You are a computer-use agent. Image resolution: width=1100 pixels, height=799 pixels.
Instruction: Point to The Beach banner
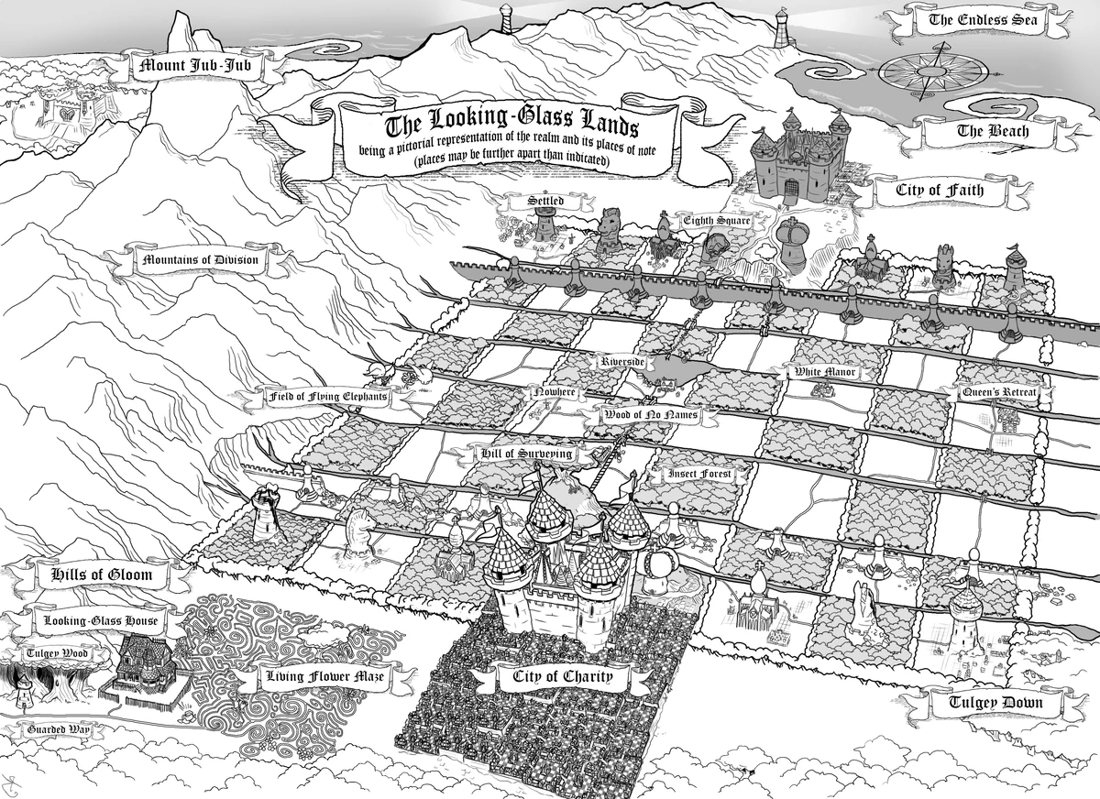tap(993, 131)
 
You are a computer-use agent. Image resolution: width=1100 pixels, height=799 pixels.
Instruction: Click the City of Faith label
tap(940, 192)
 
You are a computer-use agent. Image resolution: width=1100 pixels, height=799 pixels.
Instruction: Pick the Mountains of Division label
tap(201, 260)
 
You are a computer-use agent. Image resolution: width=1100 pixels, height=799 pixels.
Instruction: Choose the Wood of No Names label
tap(651, 415)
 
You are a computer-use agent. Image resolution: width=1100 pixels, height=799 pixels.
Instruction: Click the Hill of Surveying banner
tap(526, 454)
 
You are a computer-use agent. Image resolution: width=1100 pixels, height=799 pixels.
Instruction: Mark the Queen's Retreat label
tap(999, 393)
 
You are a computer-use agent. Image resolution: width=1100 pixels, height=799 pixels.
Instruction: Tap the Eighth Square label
tap(716, 221)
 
